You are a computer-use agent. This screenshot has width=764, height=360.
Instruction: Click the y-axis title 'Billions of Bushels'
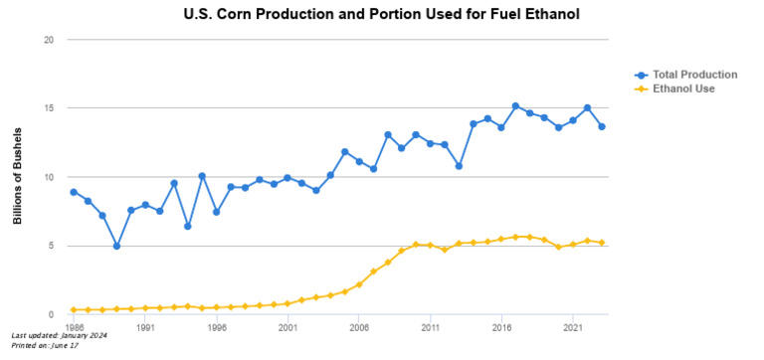[18, 176]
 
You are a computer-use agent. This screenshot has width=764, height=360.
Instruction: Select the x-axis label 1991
[144, 325]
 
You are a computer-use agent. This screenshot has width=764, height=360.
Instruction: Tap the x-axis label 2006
[358, 325]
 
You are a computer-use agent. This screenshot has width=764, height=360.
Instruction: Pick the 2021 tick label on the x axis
[572, 325]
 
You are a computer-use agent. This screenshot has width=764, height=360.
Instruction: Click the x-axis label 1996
[216, 325]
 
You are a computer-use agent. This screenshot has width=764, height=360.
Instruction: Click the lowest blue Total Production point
[116, 246]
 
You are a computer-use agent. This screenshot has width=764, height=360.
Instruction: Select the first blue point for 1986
[74, 192]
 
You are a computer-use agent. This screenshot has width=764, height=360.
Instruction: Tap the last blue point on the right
[601, 126]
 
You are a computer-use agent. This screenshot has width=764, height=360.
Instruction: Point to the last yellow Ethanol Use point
[601, 243]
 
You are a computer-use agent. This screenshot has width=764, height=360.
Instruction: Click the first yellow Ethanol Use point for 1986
[74, 309]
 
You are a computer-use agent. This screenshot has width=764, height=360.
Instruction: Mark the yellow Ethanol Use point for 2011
[430, 245]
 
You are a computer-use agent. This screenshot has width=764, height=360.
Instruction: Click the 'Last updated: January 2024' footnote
[59, 335]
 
